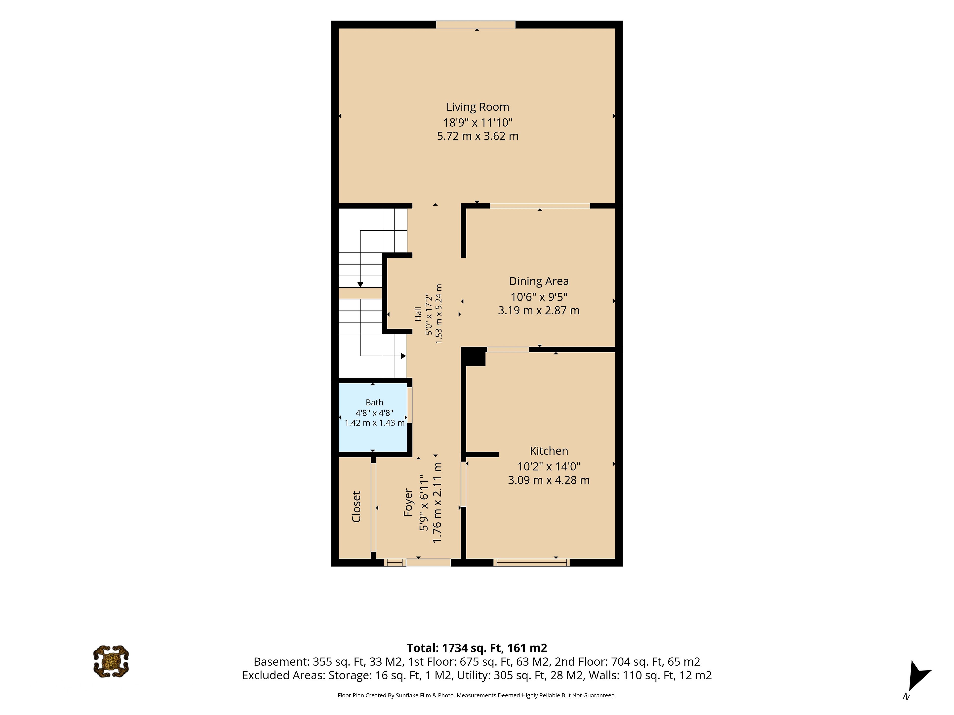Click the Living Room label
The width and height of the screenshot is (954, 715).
click(x=477, y=107)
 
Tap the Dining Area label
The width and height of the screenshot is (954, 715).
click(x=539, y=281)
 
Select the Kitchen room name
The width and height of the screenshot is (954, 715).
click(x=549, y=451)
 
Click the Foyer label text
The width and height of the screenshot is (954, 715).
click(x=408, y=502)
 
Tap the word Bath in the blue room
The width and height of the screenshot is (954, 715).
click(x=374, y=402)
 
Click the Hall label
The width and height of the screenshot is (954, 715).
click(x=418, y=314)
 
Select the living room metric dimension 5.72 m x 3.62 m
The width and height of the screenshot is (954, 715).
click(x=477, y=136)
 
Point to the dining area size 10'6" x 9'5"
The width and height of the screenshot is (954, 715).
click(x=539, y=297)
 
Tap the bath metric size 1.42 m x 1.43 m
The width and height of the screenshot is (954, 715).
click(x=374, y=423)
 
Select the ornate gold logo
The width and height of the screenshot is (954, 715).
click(x=111, y=662)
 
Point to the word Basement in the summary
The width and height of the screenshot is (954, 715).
click(x=281, y=662)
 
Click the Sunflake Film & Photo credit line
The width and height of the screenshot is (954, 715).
click(x=477, y=695)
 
